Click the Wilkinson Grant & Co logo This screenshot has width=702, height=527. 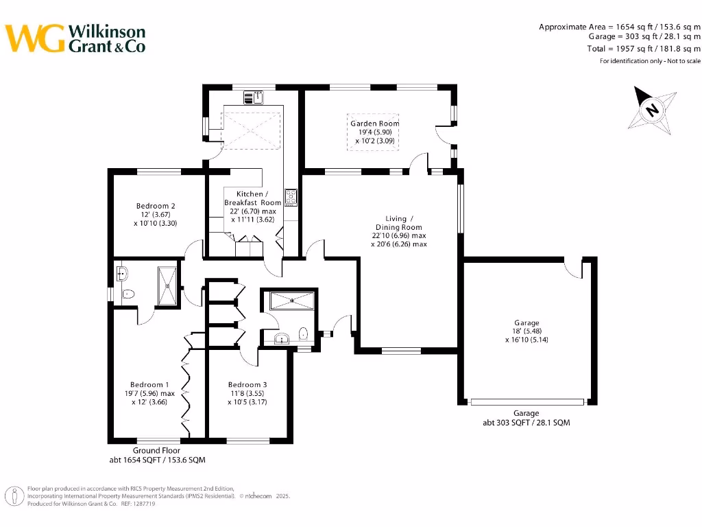click(x=75, y=38)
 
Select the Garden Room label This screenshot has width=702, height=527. click(x=374, y=124)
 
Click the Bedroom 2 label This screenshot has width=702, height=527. click(x=156, y=206)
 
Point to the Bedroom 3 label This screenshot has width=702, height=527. click(x=247, y=384)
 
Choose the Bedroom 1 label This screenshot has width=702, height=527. click(x=150, y=384)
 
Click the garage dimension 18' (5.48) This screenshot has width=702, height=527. click(x=526, y=331)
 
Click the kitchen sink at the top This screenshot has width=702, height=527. click(x=258, y=97)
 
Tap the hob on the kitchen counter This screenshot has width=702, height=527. click(x=291, y=198)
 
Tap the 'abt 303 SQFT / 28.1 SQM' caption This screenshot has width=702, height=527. click(x=526, y=423)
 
